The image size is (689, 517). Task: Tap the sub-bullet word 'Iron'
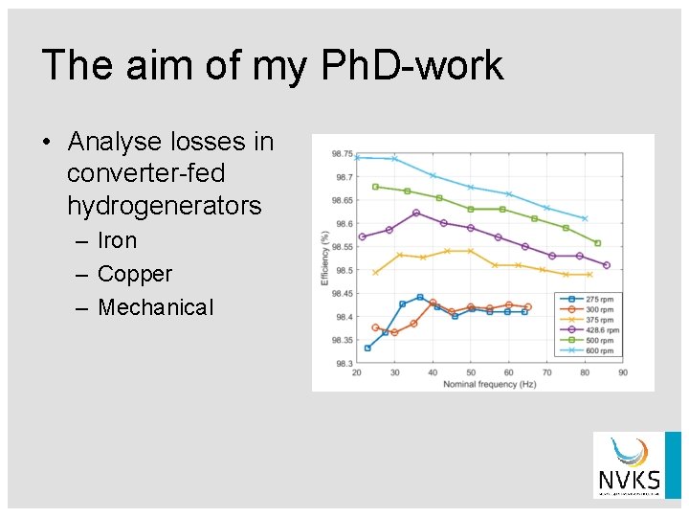[118, 240]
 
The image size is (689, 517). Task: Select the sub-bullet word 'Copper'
[135, 274]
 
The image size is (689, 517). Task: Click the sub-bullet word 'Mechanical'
[156, 307]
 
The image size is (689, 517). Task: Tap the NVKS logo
[627, 465]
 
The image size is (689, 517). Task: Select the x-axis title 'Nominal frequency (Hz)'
[489, 384]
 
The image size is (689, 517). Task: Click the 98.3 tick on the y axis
[342, 364]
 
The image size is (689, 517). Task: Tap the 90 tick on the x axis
[623, 372]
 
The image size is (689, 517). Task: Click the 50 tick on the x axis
[471, 372]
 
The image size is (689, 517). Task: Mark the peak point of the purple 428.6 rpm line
[416, 213]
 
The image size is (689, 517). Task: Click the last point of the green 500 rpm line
[598, 243]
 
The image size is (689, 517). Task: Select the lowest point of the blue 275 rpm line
[367, 348]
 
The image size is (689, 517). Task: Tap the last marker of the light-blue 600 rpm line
[585, 219]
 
